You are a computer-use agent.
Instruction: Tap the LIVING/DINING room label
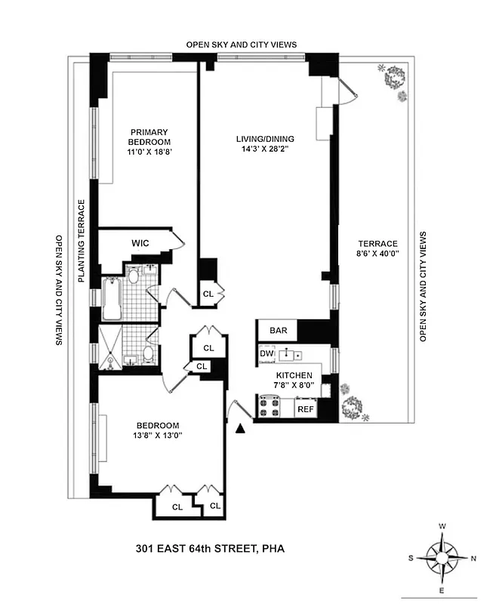tap(265, 138)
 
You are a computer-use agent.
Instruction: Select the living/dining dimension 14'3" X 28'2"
tap(265, 149)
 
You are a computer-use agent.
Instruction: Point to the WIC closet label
tap(140, 243)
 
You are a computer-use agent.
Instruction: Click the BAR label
tap(270, 331)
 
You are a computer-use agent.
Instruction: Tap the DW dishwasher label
tap(267, 353)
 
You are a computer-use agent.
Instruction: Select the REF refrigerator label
tap(305, 409)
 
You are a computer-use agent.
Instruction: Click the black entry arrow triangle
tap(241, 429)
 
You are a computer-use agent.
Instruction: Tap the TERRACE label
tap(377, 243)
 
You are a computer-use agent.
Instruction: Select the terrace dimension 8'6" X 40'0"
tap(377, 254)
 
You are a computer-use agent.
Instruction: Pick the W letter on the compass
tap(442, 526)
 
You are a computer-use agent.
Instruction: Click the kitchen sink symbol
tap(289, 354)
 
